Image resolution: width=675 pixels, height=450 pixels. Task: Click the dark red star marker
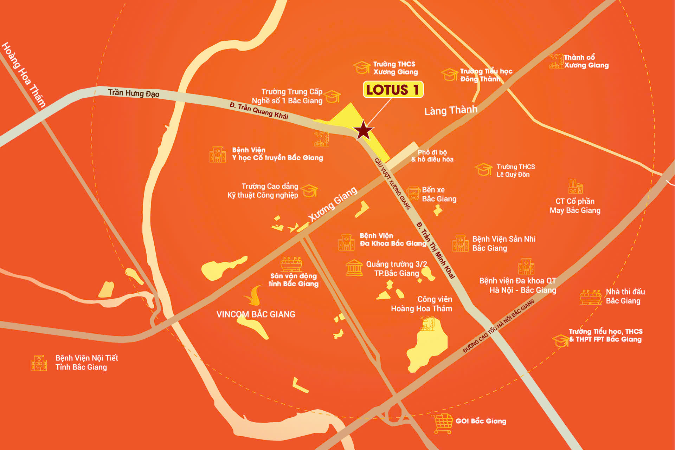click(x=364, y=131)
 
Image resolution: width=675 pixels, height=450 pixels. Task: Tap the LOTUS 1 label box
click(x=393, y=90)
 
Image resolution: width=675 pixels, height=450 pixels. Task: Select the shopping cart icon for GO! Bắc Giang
click(x=443, y=423)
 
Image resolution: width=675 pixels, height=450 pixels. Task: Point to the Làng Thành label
click(x=451, y=110)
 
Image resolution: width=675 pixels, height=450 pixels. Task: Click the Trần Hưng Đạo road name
click(x=134, y=93)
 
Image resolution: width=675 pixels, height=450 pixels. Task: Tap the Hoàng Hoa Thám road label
click(x=24, y=74)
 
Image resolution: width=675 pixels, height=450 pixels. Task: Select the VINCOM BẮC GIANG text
click(x=256, y=314)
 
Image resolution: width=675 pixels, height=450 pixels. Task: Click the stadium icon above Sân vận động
click(x=291, y=264)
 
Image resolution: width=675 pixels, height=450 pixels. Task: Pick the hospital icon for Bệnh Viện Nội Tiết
click(x=39, y=363)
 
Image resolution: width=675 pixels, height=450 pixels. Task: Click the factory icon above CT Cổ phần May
click(x=576, y=187)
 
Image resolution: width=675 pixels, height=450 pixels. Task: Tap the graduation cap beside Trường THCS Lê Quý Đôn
click(x=484, y=170)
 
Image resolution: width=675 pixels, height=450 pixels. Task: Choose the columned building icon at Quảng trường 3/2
click(x=354, y=268)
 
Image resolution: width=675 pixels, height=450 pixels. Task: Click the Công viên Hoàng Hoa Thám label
click(x=422, y=304)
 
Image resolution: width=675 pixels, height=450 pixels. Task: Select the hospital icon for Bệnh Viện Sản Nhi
click(x=461, y=243)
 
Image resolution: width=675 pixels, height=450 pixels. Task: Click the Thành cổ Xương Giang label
click(x=586, y=61)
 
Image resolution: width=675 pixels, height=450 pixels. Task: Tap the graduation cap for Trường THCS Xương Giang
click(x=362, y=67)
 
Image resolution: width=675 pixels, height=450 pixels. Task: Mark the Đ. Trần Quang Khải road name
click(x=259, y=111)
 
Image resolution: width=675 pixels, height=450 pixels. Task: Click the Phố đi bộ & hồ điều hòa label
click(x=432, y=156)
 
